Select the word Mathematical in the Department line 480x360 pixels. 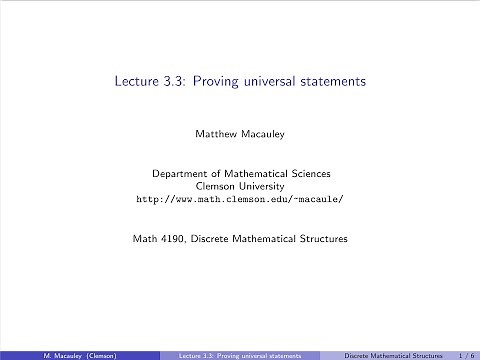(x=259, y=173)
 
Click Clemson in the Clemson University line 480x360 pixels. (x=218, y=186)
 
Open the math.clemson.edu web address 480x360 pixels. (x=240, y=199)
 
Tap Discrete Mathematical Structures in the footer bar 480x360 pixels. (x=393, y=354)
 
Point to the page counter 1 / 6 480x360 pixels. (x=465, y=354)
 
